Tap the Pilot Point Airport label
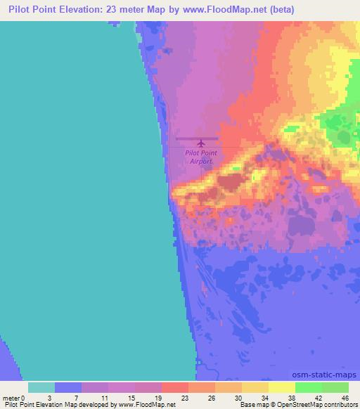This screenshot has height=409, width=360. pyautogui.click(x=201, y=157)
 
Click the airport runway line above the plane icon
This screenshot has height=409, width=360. pyautogui.click(x=197, y=138)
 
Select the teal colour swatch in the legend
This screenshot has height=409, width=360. pyautogui.click(x=41, y=387)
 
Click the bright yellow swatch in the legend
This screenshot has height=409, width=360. pyautogui.click(x=282, y=387)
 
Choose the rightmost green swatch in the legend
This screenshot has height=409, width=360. pyautogui.click(x=335, y=387)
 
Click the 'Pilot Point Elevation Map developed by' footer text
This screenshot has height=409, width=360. pyautogui.click(x=58, y=405)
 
